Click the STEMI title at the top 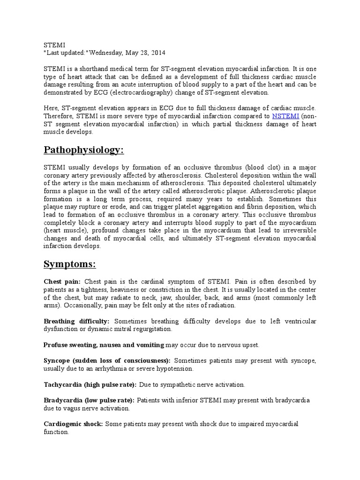(52, 45)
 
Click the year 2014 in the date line (158, 52)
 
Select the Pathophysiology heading (84, 150)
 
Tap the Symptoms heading (69, 264)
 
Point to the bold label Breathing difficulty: (76, 321)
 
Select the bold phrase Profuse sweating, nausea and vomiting (104, 345)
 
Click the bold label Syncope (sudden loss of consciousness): (107, 361)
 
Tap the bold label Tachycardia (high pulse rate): (90, 385)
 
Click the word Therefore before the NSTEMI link (60, 116)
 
